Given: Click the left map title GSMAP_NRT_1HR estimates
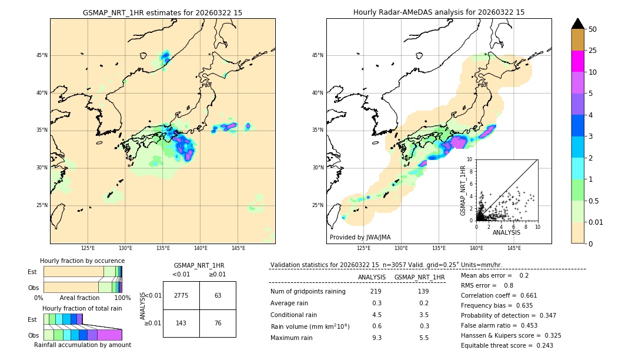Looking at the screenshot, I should tap(162, 12).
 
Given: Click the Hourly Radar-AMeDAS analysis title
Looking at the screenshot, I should tap(439, 12).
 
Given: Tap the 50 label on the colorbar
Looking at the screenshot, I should tap(593, 29).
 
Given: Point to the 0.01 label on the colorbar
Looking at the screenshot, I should tap(596, 222).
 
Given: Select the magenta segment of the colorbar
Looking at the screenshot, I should tap(578, 61).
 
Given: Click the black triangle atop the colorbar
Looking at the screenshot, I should tap(578, 24).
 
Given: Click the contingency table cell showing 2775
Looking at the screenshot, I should tap(181, 295).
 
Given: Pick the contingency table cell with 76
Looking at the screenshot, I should tap(218, 323).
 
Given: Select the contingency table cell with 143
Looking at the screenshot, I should tap(181, 323).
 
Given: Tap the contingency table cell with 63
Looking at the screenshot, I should tap(218, 295).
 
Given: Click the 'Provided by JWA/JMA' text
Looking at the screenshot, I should tap(360, 238).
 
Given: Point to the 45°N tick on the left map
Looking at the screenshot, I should tap(42, 55).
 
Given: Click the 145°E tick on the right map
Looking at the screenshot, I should tap(514, 248).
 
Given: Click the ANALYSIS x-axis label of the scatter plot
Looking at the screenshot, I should tap(506, 232).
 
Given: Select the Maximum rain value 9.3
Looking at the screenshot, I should tap(376, 338).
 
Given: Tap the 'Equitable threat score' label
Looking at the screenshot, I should tap(497, 345).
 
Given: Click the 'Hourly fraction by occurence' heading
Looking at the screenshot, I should tap(82, 261).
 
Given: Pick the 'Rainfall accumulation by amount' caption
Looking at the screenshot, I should tap(82, 345).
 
